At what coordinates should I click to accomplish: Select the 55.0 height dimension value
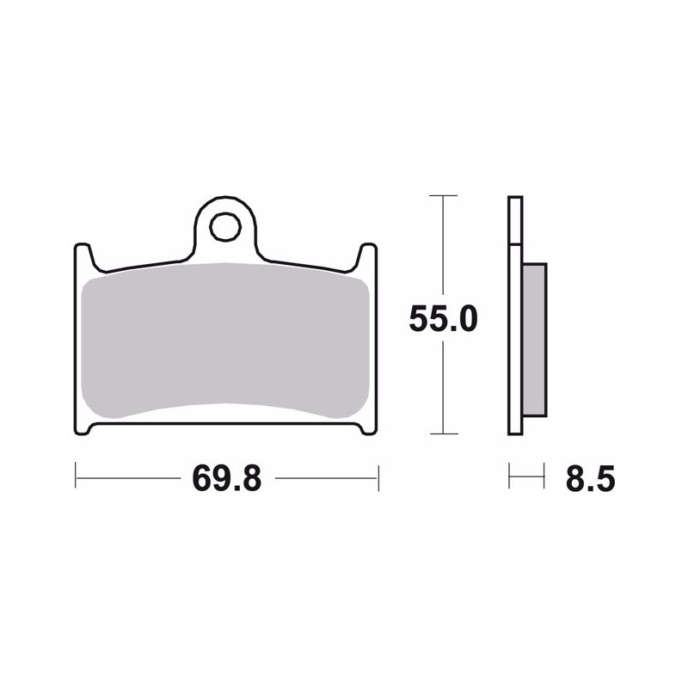coord(443,319)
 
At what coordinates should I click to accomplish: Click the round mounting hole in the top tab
coord(225,227)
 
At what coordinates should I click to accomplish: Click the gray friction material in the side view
coord(535,340)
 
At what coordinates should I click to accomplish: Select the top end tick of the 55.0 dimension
coord(443,196)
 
